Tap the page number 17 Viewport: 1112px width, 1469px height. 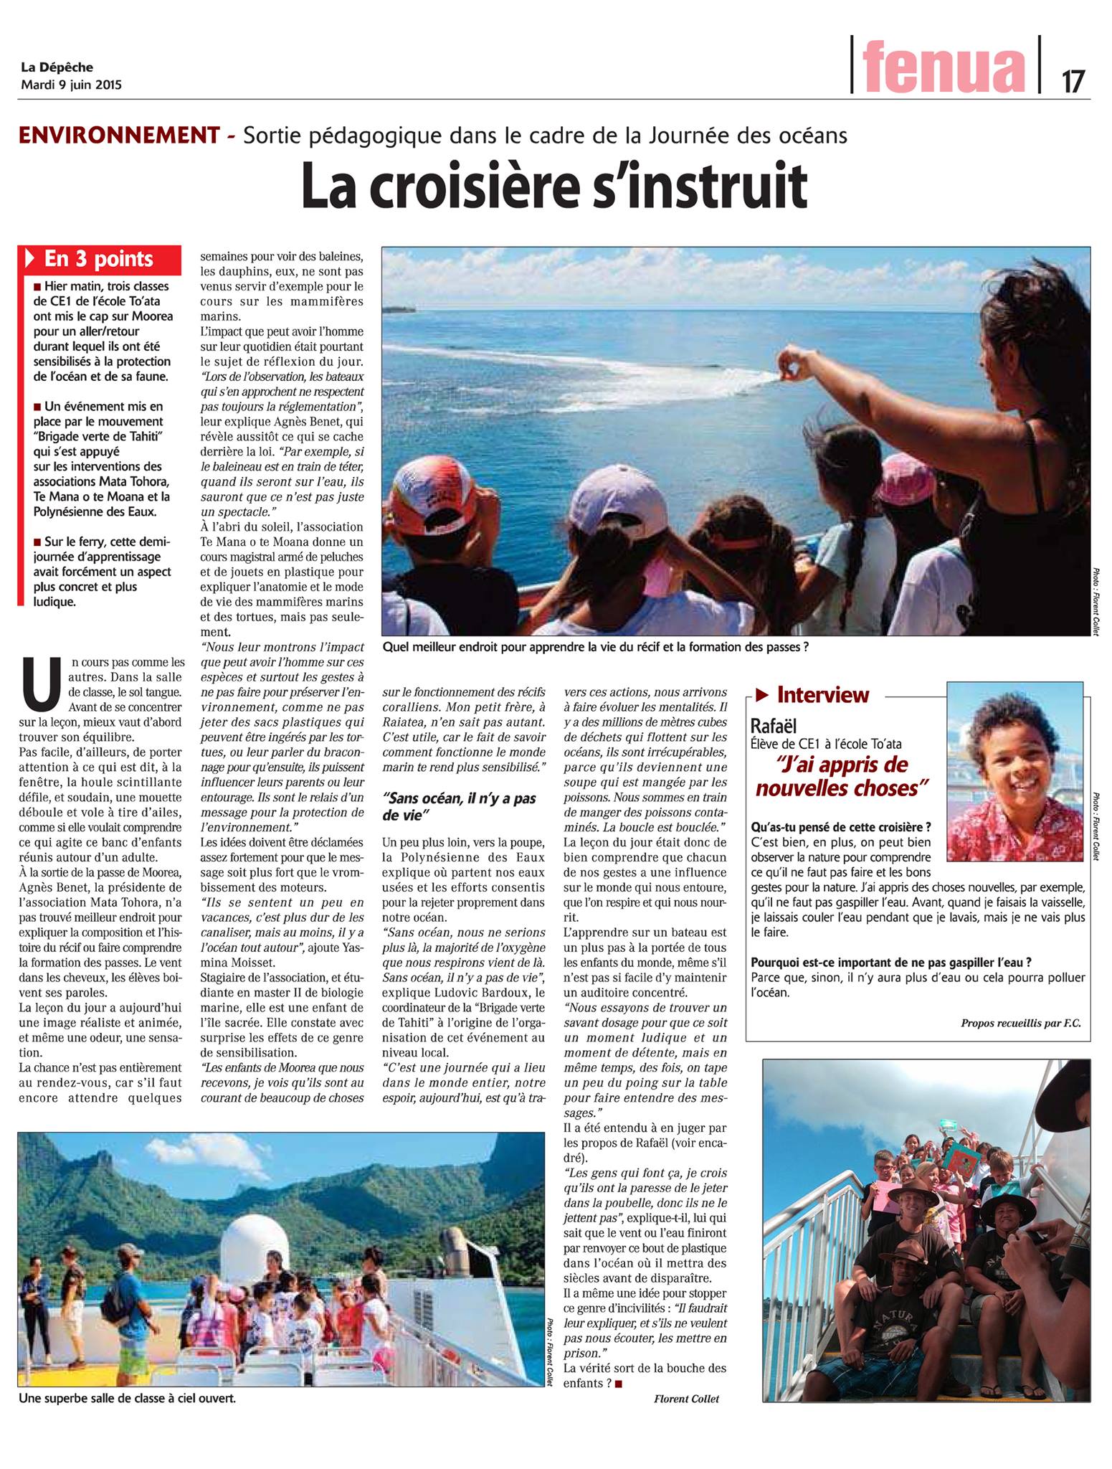click(x=1073, y=81)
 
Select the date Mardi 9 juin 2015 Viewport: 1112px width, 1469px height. click(x=71, y=85)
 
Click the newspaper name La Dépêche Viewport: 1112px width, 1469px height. click(x=57, y=68)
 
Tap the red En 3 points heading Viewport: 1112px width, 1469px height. click(x=98, y=258)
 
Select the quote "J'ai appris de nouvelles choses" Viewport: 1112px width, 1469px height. click(x=838, y=777)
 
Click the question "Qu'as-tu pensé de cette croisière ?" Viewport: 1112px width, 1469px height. click(x=841, y=826)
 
